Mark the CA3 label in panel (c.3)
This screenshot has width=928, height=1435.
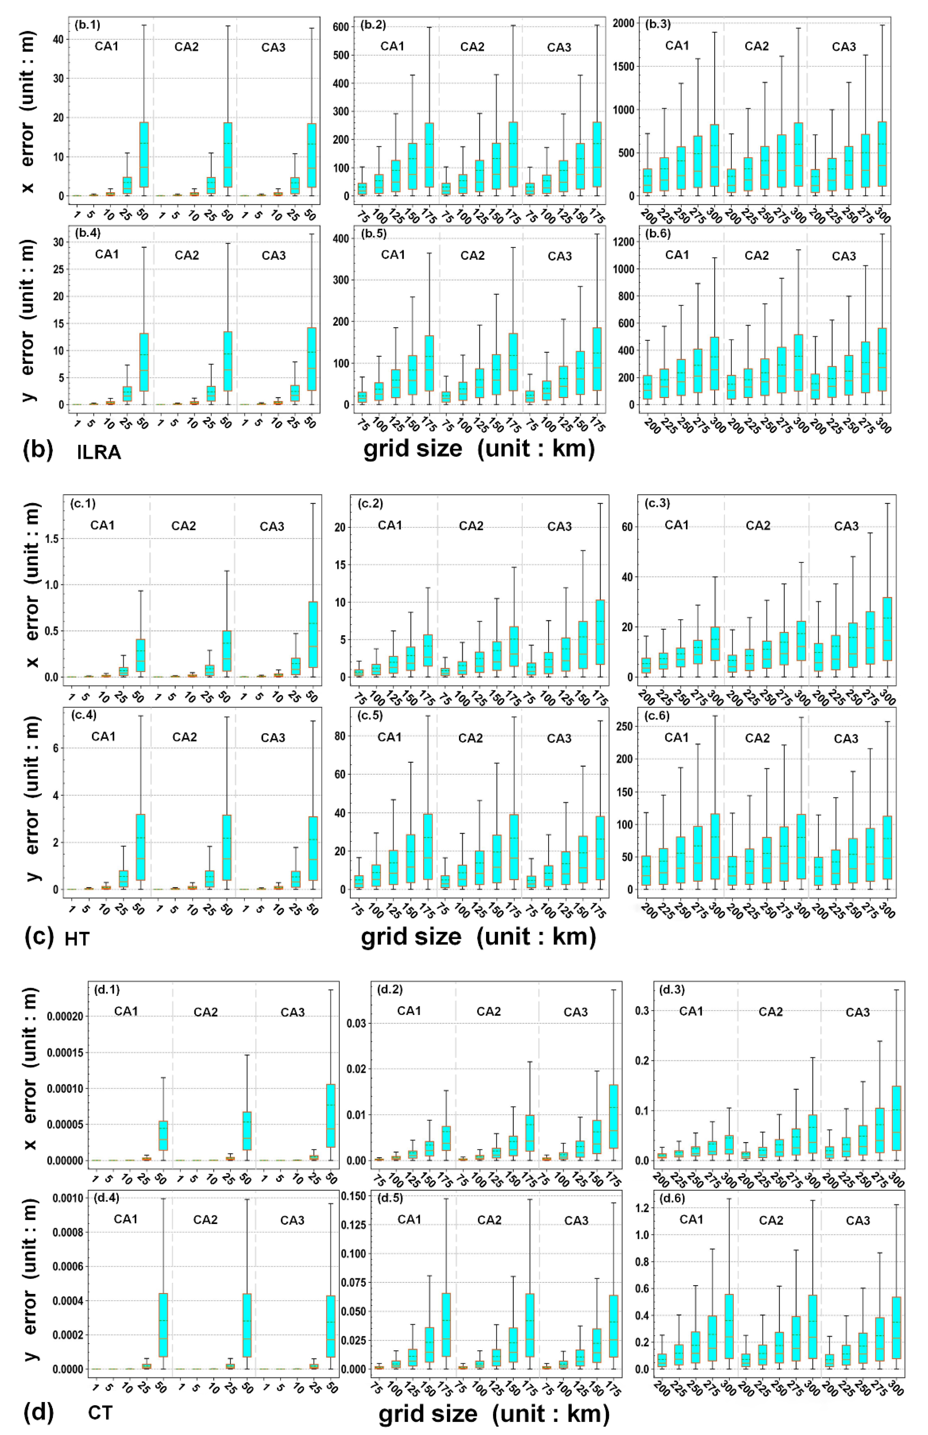[x=846, y=526]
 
